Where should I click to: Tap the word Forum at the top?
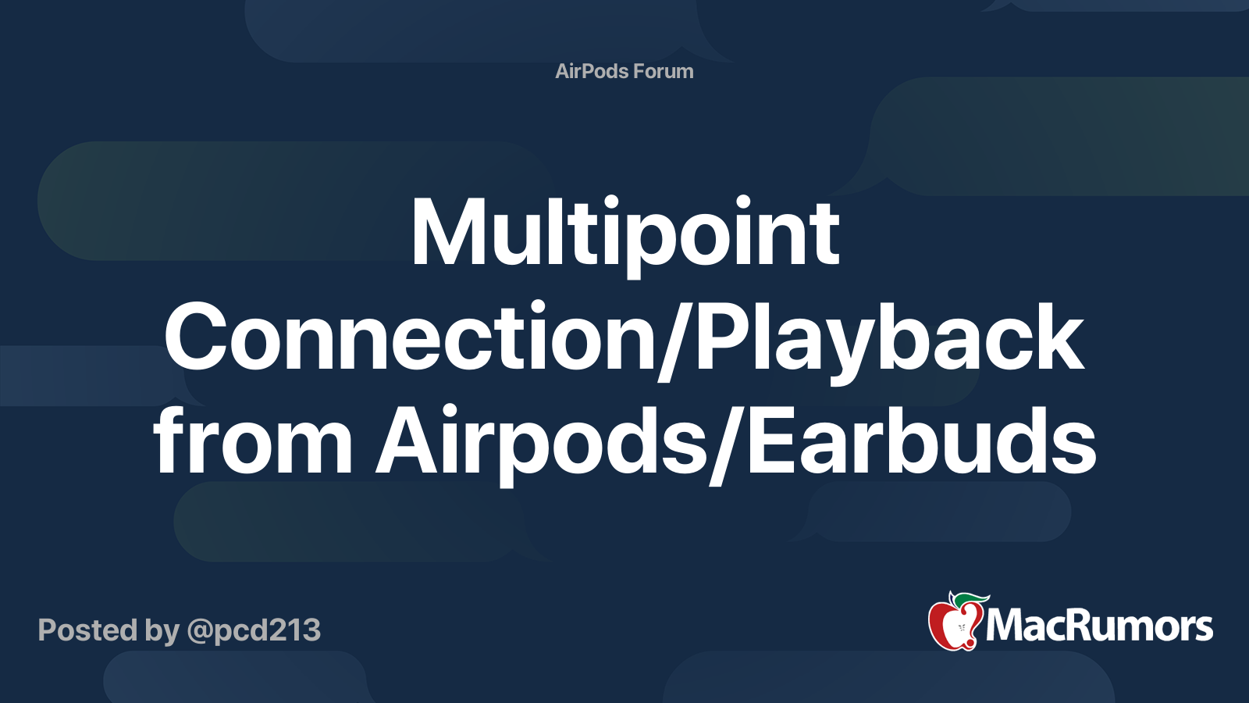pyautogui.click(x=664, y=71)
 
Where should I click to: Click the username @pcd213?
pyautogui.click(x=254, y=630)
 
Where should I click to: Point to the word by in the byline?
pyautogui.click(x=162, y=631)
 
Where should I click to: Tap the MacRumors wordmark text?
pyautogui.click(x=1099, y=626)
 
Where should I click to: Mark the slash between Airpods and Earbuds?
pyautogui.click(x=727, y=445)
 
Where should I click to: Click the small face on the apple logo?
pyautogui.click(x=961, y=628)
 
